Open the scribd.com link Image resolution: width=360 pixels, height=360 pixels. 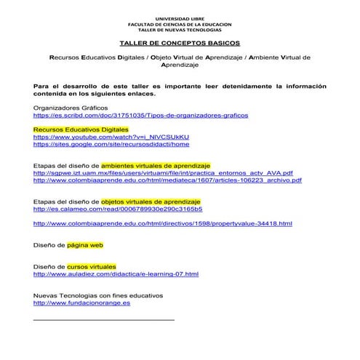141,115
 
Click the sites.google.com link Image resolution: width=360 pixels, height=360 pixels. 105,144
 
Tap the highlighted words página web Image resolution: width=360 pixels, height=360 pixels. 90,245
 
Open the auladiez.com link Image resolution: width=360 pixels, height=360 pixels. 116,274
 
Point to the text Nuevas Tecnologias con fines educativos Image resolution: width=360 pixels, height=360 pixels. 98,295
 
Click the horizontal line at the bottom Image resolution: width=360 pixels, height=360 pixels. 104,319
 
